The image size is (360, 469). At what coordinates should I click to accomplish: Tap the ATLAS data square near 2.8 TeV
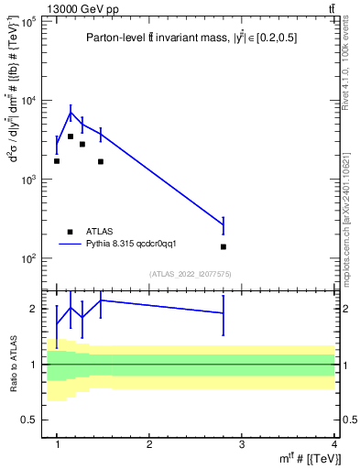tap(224, 246)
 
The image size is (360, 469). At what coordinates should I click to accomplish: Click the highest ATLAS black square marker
tap(71, 136)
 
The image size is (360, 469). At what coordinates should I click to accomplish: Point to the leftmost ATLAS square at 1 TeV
tap(57, 161)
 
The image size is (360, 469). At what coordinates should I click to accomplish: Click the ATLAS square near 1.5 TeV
tap(101, 161)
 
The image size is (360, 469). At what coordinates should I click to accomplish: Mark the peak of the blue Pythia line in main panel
tap(71, 113)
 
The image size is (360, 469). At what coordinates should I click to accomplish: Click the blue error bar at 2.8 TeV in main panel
tap(224, 224)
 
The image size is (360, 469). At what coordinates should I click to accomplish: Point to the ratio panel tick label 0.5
tap(29, 420)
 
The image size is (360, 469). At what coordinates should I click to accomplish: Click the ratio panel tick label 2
tap(33, 309)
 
